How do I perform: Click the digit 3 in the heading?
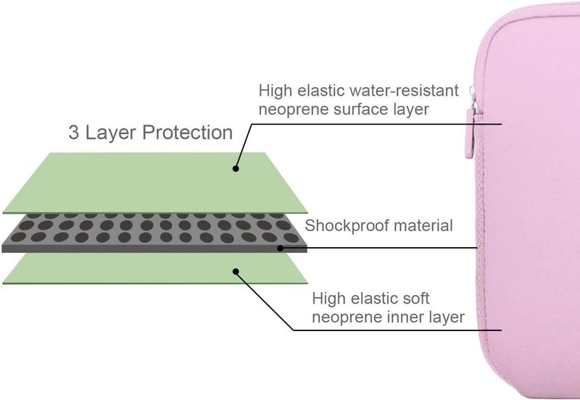click(x=74, y=133)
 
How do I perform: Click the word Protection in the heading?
click(x=188, y=133)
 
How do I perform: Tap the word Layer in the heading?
click(x=111, y=133)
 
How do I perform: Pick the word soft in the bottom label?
click(x=416, y=299)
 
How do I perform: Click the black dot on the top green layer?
click(x=236, y=169)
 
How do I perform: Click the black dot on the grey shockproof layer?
click(x=281, y=248)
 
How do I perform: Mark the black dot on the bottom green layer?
click(x=236, y=272)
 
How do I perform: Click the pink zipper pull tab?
click(x=470, y=134)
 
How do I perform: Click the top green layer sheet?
click(x=155, y=183)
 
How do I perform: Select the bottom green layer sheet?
click(x=155, y=268)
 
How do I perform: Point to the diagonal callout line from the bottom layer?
click(x=265, y=301)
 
